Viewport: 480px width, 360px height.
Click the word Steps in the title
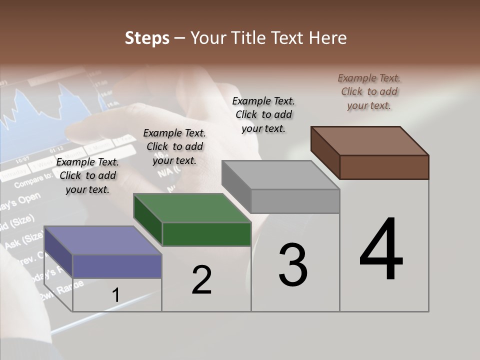tap(147, 38)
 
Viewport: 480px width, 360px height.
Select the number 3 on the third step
tap(292, 265)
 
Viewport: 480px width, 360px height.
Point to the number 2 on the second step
tap(201, 280)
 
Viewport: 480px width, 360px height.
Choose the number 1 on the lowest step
tap(115, 295)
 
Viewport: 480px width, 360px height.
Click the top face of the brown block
tap(370, 140)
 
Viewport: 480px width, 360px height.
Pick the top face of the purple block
tap(103, 240)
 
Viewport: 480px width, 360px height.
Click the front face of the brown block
tap(384, 167)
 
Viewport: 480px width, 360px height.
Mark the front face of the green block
tap(206, 234)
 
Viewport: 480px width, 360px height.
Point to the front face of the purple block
tap(117, 266)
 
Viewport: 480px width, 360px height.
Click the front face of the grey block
tap(295, 201)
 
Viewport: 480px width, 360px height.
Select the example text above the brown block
tap(369, 91)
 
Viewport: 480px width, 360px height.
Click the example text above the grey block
tap(263, 114)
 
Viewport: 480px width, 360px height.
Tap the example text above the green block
tap(174, 146)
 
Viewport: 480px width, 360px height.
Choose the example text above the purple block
tap(87, 175)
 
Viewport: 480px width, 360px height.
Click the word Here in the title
tap(330, 38)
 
